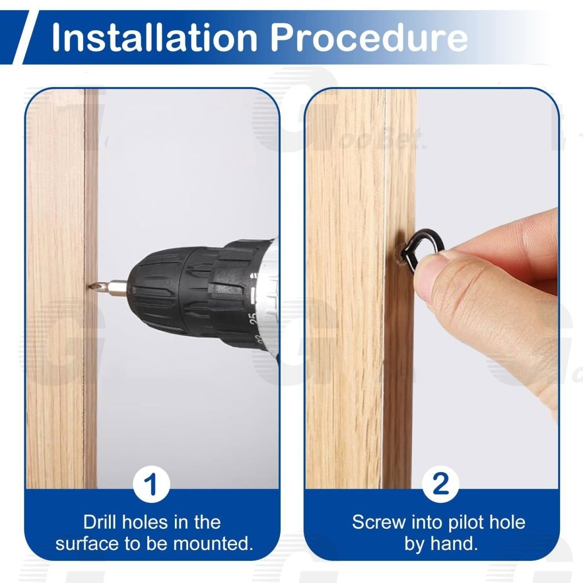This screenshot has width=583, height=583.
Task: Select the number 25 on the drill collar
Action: point(254,319)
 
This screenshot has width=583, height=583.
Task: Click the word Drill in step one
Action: point(100,522)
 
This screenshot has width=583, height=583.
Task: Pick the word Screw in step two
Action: point(379,522)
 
